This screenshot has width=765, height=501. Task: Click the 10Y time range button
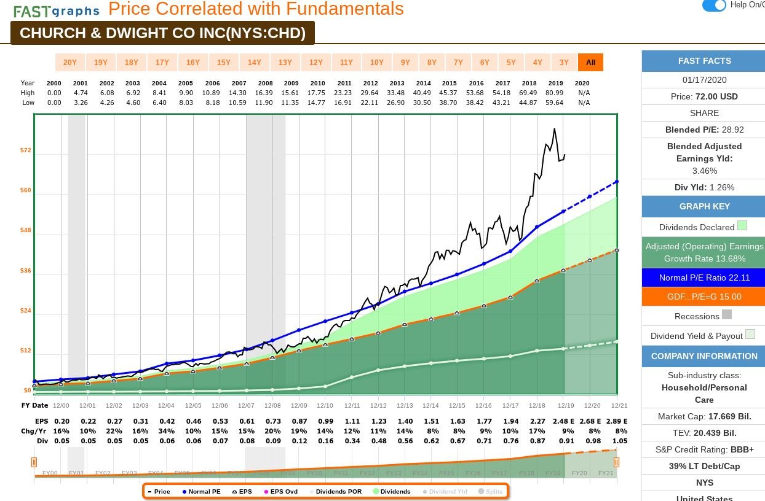point(377,63)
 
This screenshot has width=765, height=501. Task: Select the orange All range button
point(590,63)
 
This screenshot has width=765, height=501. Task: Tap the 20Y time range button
point(70,63)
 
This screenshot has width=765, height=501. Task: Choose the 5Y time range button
point(511,63)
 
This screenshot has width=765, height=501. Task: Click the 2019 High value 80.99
point(555,93)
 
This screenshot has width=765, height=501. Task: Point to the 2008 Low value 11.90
point(265,103)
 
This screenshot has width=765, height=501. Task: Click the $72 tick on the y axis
point(26,150)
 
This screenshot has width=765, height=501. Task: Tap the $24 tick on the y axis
point(26,311)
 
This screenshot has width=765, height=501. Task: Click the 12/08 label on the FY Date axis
point(272,405)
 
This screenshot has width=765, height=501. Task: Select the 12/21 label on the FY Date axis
point(619,405)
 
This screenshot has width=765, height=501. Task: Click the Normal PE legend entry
point(202,491)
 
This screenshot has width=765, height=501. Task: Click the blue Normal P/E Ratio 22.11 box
point(704,278)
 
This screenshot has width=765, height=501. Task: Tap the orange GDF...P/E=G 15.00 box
point(704,297)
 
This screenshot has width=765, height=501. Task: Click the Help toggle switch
point(714,6)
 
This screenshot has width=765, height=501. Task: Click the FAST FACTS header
point(704,61)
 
